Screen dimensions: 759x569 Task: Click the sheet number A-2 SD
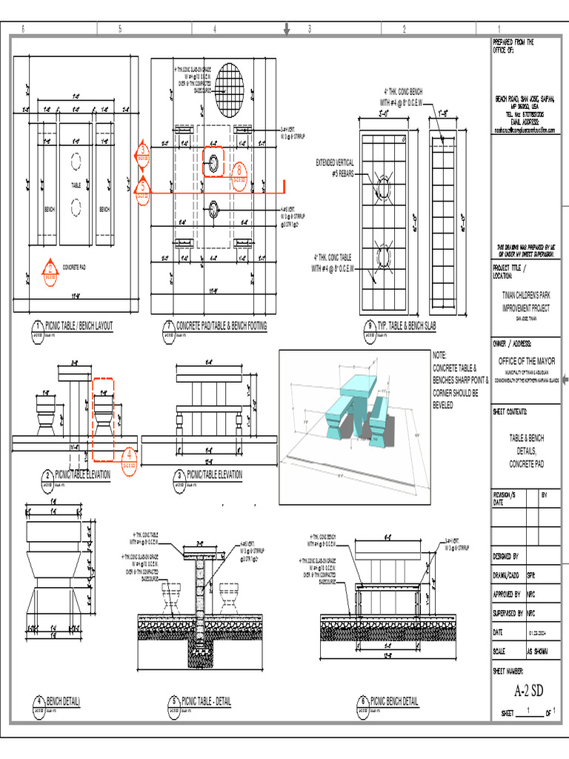tap(529, 692)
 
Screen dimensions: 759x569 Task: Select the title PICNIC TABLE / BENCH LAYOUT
tap(79, 325)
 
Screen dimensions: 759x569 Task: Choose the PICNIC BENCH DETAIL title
tap(394, 701)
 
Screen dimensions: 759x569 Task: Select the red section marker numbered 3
tap(142, 151)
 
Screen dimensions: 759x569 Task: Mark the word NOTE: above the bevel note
tap(440, 356)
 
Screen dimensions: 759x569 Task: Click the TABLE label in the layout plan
tap(76, 185)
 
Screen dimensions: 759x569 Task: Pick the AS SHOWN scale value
tap(538, 652)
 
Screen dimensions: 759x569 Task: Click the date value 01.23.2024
tap(538, 633)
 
